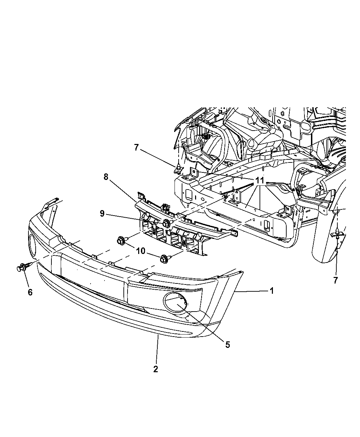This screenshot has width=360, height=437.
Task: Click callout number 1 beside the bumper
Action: coord(272,291)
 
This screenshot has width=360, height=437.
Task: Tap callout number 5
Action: coord(228,345)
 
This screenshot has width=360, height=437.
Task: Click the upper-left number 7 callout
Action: coord(136,147)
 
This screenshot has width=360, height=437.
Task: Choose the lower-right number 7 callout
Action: coord(336,280)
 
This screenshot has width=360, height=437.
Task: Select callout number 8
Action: coord(106,177)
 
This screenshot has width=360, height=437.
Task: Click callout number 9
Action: coord(102,214)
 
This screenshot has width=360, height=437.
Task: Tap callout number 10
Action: coord(141,251)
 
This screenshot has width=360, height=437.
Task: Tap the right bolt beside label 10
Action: coord(164,259)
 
